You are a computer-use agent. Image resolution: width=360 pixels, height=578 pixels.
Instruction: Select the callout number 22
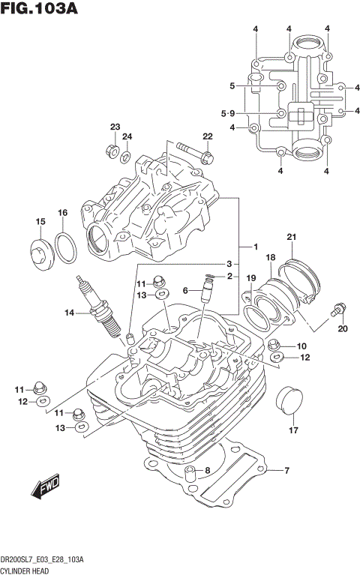[x=208, y=136]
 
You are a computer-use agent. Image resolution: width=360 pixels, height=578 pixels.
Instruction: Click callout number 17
[x=294, y=430]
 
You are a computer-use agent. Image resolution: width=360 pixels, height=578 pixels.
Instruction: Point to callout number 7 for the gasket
[x=286, y=470]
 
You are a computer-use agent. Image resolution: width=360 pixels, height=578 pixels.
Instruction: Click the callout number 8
[x=208, y=470]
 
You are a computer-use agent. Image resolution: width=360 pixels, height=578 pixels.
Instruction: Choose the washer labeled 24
[x=127, y=157]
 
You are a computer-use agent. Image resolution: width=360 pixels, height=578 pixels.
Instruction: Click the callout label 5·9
[x=228, y=113]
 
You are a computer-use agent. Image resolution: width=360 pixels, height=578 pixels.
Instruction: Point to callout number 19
[x=252, y=277]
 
